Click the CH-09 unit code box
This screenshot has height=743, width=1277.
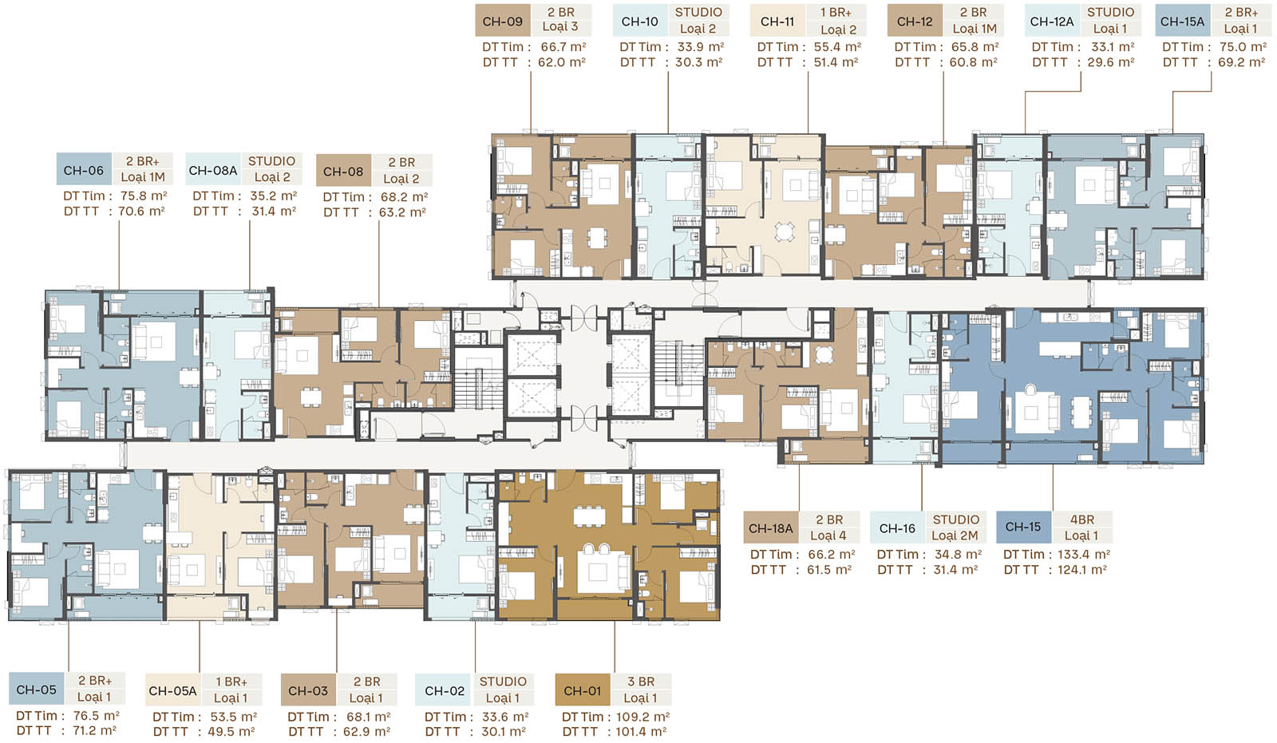point(503,21)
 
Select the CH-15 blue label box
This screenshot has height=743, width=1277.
point(1023,527)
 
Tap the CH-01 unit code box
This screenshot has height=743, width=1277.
point(583,690)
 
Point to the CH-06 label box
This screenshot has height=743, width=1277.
point(84,170)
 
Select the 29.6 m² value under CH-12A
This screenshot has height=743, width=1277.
point(1110,62)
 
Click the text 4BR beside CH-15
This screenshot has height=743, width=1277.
point(1082,520)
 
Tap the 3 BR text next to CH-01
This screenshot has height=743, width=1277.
point(641,682)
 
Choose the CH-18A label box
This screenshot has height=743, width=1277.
point(771,528)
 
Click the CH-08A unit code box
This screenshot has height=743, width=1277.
point(212,170)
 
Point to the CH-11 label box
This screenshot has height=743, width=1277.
point(777,21)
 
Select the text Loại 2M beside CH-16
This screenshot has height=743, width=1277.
point(955,536)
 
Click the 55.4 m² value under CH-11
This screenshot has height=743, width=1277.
point(837,47)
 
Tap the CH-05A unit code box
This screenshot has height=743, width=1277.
point(172,690)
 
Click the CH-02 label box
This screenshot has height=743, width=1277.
point(445,690)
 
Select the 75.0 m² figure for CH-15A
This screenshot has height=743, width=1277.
point(1243,47)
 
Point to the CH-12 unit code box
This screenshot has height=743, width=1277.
point(915,21)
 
